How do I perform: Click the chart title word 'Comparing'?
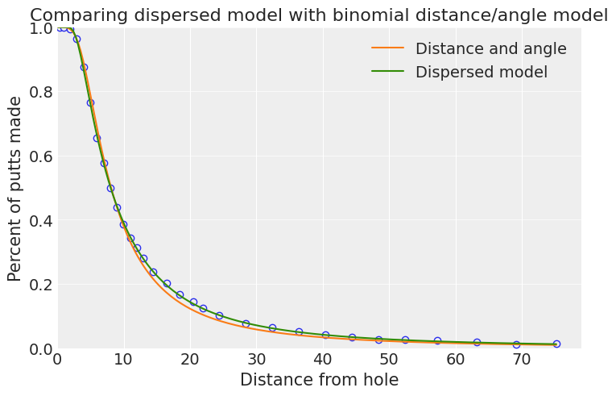tap(79, 16)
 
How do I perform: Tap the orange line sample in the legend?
tap(388, 48)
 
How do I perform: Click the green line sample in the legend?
tap(388, 71)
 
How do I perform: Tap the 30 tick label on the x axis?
tap(257, 360)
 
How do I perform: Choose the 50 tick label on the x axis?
tap(389, 360)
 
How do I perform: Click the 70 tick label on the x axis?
tap(522, 360)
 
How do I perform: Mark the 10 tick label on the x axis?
tap(124, 360)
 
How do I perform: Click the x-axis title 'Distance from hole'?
tap(320, 380)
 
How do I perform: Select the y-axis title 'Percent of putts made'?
tap(14, 189)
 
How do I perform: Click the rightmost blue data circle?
tap(556, 344)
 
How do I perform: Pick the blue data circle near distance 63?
tap(477, 343)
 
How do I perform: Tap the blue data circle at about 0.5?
tap(111, 189)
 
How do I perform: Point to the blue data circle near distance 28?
tap(246, 323)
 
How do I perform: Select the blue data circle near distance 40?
tap(325, 336)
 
